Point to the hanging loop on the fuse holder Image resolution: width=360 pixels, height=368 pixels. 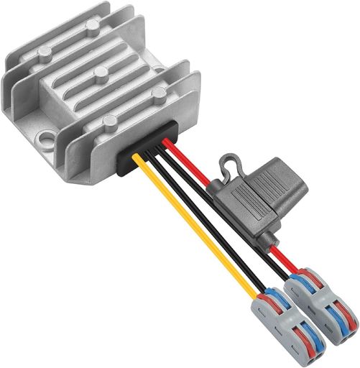pyautogui.click(x=228, y=162)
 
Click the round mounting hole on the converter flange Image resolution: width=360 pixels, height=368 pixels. pyautogui.click(x=49, y=132)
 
